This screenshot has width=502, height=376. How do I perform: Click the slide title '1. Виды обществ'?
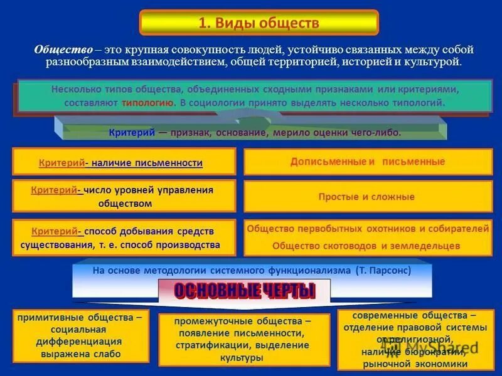[259, 24]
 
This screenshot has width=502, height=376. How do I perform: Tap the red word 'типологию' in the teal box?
[148, 102]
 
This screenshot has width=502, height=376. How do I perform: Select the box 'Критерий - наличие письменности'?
[124, 162]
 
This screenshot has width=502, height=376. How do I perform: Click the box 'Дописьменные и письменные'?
[368, 162]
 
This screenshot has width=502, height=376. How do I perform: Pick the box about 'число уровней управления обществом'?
[124, 196]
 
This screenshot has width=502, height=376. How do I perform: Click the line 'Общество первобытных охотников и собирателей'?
[368, 229]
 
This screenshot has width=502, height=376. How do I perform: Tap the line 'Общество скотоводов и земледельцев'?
[366, 246]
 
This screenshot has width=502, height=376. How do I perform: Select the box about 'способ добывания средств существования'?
[124, 238]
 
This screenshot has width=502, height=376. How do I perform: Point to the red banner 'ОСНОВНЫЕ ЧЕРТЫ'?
[244, 291]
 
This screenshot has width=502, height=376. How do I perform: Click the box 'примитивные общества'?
[80, 336]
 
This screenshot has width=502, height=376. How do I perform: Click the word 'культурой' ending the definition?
[434, 62]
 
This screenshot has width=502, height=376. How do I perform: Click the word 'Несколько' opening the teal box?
[73, 89]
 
